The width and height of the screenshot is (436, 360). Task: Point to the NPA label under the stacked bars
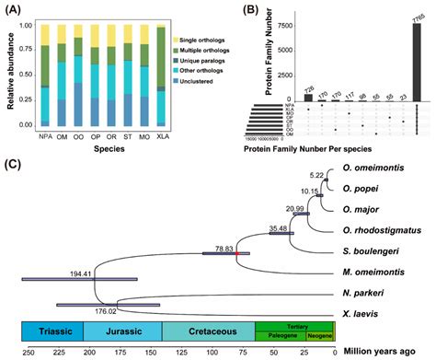point(43,141)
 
